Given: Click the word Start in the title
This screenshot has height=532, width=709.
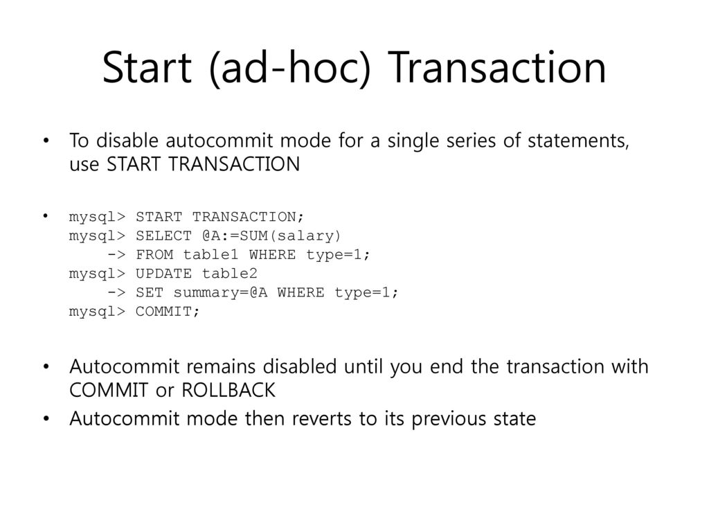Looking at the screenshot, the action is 147,67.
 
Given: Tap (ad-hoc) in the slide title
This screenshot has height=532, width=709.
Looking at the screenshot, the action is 290,68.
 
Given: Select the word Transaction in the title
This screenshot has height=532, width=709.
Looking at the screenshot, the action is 497,67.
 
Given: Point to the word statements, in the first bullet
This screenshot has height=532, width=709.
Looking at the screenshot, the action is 578,141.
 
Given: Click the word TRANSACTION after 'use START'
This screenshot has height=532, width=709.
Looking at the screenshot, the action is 234,163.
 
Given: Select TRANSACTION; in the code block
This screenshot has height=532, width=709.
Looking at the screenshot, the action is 248,217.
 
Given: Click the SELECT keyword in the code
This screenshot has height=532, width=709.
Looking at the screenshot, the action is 163,236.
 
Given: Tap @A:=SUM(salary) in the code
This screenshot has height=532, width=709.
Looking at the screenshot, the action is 271,236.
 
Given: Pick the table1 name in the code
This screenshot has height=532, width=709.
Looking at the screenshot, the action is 210,255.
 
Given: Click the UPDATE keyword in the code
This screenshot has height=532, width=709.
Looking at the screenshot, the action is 163,274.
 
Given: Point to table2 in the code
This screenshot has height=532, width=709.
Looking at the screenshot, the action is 230,274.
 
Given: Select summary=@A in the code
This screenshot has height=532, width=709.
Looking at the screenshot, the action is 220,293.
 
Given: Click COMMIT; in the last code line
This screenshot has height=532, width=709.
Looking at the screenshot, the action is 168,312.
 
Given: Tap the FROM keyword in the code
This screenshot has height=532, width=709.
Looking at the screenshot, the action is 154,255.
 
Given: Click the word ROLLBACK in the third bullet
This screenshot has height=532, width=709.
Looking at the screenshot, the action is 228,390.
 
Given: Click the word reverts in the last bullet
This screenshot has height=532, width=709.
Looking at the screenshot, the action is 321,419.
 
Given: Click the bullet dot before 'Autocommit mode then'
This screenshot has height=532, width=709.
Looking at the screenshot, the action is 46,419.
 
